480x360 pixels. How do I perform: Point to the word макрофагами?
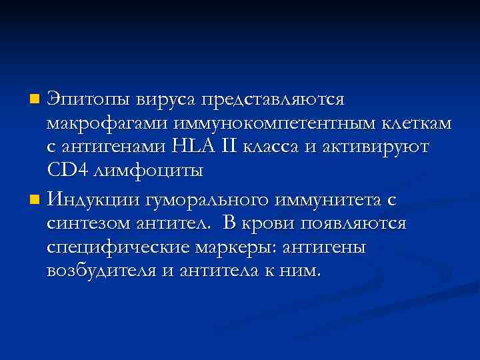click(98, 124)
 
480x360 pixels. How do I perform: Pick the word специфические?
click(118, 247)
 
